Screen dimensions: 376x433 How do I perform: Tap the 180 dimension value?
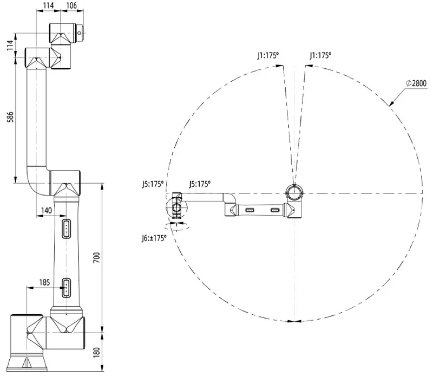pos(96,352)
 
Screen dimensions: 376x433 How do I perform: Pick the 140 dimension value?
pos(47,210)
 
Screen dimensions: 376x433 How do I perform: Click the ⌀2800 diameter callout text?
pos(416,82)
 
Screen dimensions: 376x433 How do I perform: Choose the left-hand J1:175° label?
pos(267,55)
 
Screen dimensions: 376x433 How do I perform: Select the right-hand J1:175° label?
pos(320,55)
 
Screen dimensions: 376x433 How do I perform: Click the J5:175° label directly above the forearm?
pos(199,184)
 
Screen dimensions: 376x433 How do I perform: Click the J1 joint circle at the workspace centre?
pos(294,192)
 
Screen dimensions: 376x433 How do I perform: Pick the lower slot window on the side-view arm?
pos(67,288)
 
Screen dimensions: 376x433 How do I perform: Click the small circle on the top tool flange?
pos(80,33)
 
